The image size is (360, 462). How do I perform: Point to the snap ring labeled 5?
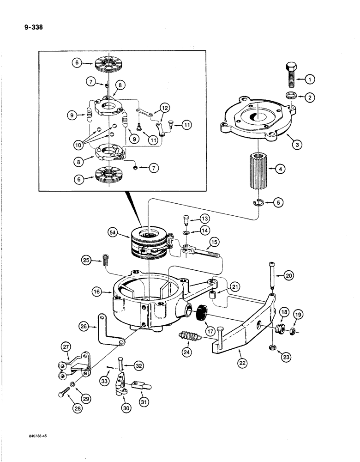point(259,202)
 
